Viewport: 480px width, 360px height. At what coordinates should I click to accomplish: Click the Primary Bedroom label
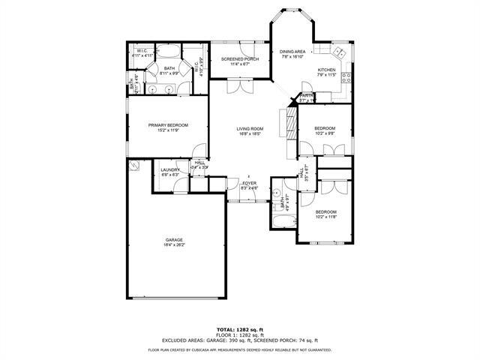tap(167, 125)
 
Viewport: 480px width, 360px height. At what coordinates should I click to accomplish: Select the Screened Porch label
tap(239, 59)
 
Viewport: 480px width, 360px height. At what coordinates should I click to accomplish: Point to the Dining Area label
tap(292, 51)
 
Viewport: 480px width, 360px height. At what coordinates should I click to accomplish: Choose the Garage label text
tap(174, 240)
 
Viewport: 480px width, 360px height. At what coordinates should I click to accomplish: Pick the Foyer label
tap(249, 183)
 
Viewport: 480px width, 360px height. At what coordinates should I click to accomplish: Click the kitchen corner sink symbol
tap(338, 53)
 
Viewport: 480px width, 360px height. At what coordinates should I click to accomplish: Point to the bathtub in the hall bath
tap(283, 222)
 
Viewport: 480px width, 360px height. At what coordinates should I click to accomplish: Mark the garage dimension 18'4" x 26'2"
tap(174, 245)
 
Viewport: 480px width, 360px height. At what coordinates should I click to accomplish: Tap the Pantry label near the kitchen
tap(307, 95)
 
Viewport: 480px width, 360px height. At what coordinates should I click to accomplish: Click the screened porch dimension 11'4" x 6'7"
tap(239, 64)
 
